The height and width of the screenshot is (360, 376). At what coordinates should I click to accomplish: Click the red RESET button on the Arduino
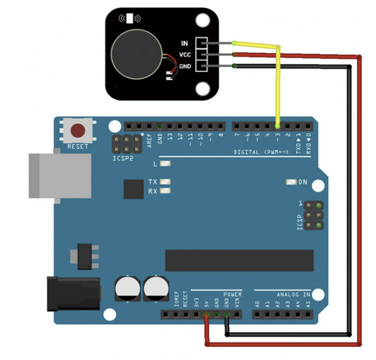pos(78,130)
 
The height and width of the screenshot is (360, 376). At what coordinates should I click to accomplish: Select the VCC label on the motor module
pos(185,54)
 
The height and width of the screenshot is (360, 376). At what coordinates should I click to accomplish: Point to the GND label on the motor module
pos(185,66)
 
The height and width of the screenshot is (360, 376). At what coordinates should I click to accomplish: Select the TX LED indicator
pos(165,182)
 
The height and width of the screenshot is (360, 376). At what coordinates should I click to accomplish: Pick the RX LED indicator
pos(165,191)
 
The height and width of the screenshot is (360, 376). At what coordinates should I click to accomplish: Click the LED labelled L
pos(165,164)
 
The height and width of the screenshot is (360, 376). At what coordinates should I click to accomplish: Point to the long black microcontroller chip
pos(239,260)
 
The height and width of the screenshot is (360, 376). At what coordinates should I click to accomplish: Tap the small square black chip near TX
pos(133,189)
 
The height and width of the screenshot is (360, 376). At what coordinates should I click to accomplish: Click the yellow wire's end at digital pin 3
pos(278,126)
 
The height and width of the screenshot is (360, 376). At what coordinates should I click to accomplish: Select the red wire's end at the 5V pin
pos(206,314)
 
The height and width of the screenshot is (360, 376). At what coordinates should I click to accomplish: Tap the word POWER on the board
pos(233,294)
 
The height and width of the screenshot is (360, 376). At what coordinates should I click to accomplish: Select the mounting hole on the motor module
pos(202,21)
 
